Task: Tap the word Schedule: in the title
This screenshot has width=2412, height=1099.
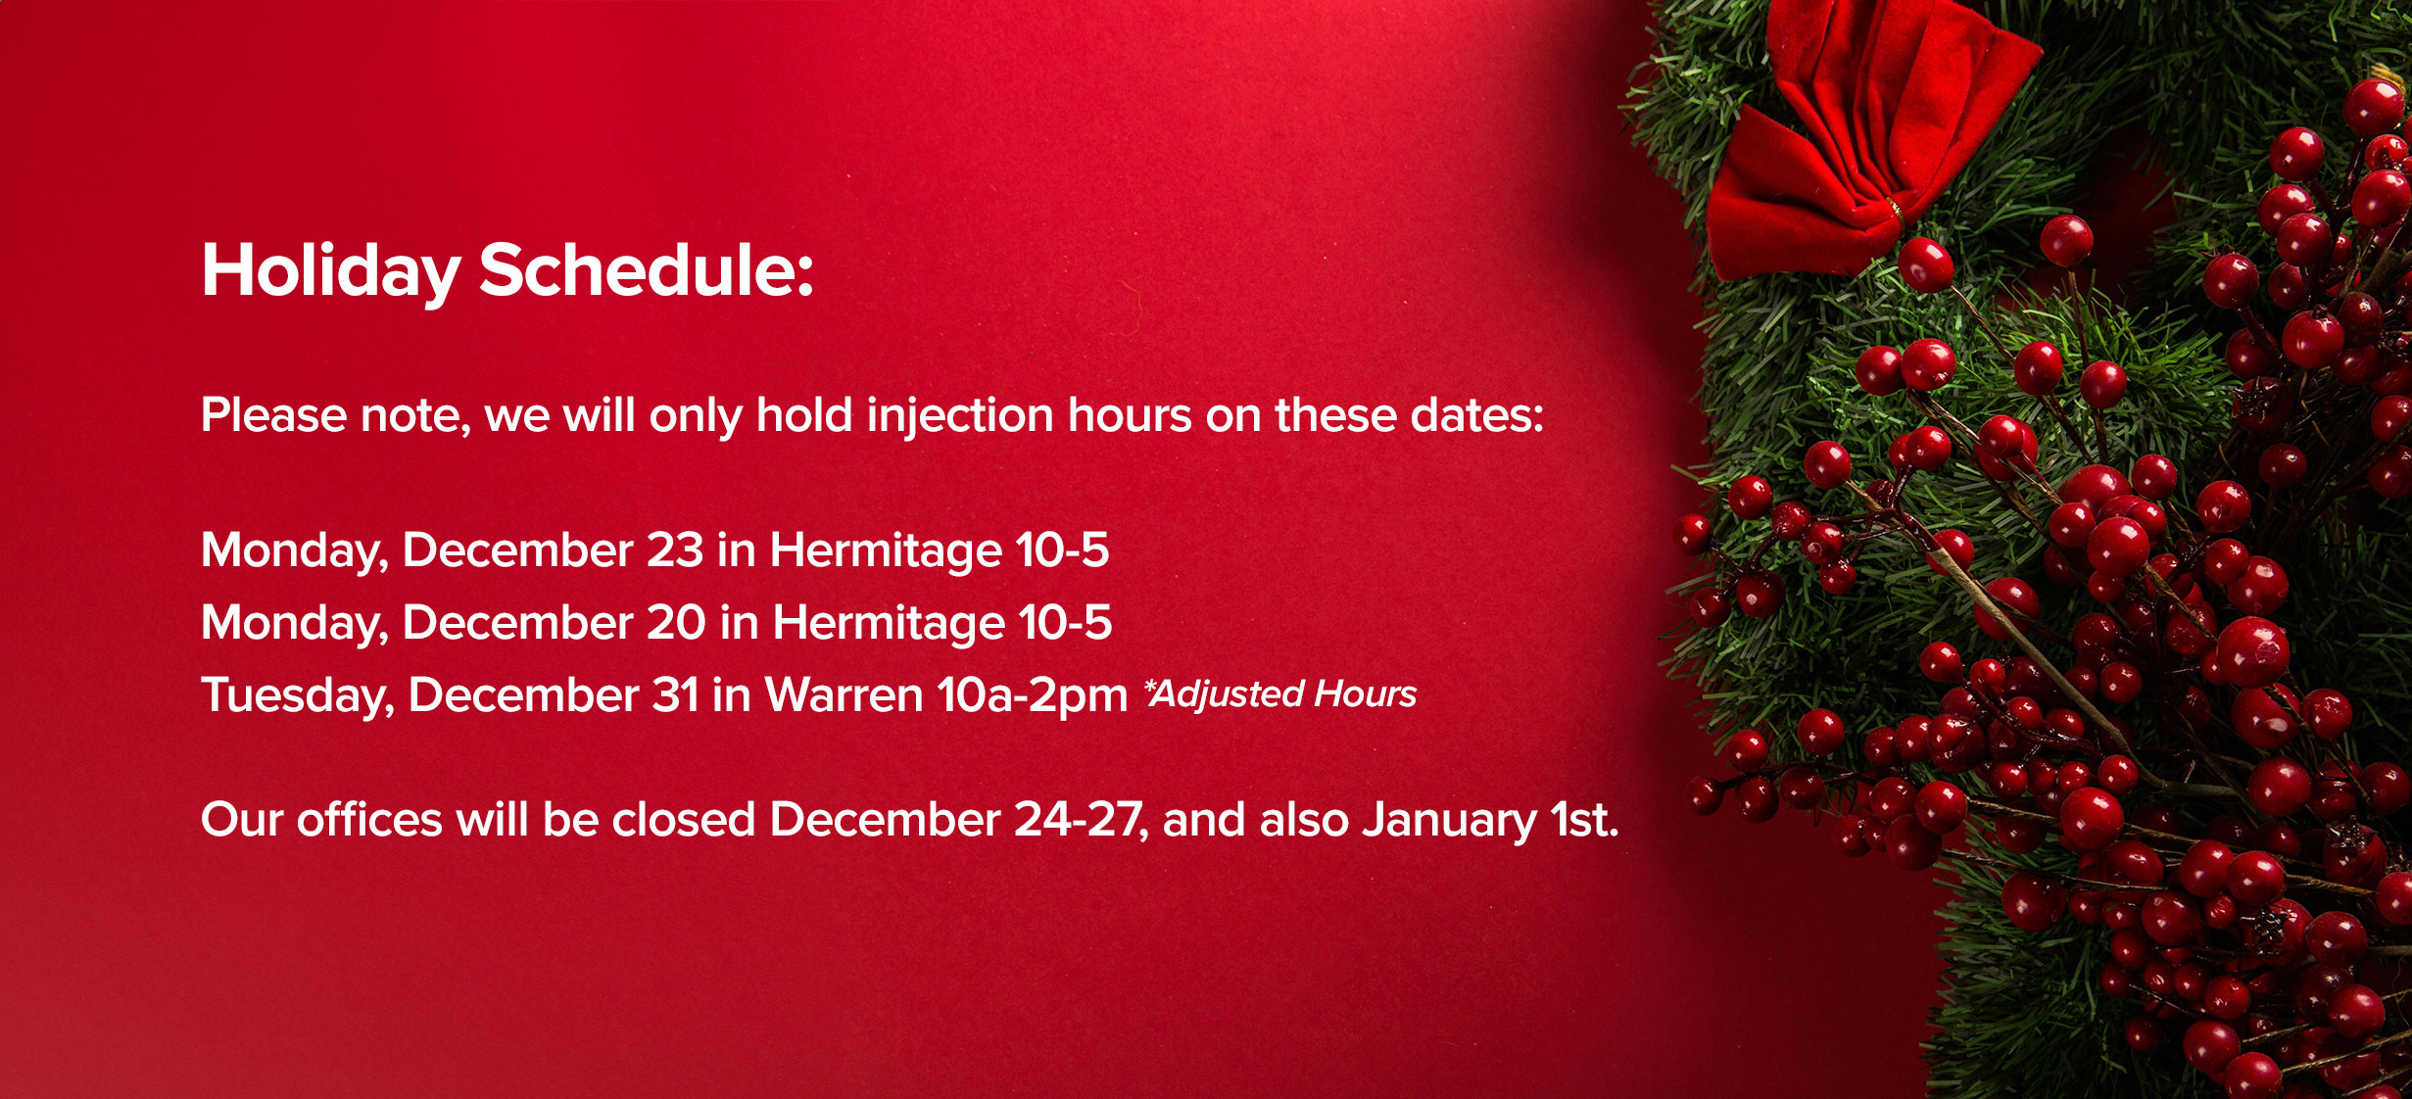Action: pyautogui.click(x=647, y=269)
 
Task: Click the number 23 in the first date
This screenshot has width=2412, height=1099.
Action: pyautogui.click(x=675, y=550)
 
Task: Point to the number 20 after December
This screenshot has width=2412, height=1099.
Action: pyautogui.click(x=676, y=623)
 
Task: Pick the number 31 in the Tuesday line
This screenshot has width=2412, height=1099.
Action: pyautogui.click(x=676, y=695)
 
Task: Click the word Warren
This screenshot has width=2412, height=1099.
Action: pyautogui.click(x=844, y=695)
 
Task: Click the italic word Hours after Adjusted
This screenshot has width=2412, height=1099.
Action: pyautogui.click(x=1366, y=693)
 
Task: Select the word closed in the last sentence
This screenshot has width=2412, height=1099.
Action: pyautogui.click(x=684, y=819)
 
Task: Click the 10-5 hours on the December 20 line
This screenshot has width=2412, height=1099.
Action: pyautogui.click(x=1065, y=623)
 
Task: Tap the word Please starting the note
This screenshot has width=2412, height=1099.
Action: pyautogui.click(x=274, y=415)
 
